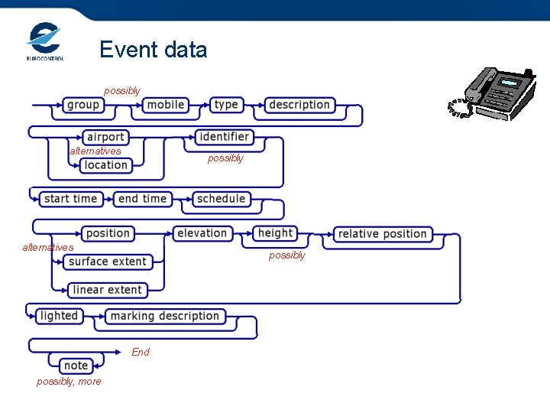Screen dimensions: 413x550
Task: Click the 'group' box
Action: coord(82,105)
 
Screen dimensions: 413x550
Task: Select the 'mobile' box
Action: coord(165,105)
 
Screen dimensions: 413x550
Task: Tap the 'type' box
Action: coord(226,105)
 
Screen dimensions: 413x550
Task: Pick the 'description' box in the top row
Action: coord(299,105)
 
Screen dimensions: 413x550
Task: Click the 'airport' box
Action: coord(105,137)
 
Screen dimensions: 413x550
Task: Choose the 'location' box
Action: coord(106,165)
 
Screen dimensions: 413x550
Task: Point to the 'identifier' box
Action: coord(223,137)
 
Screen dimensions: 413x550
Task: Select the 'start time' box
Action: coord(70,199)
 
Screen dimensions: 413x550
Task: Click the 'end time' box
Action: coord(142,199)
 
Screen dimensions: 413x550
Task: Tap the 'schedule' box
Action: coord(221,199)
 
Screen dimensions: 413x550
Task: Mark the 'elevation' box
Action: coord(202,233)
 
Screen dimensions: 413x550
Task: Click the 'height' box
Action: coord(275,233)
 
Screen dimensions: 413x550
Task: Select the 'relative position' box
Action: coord(382,234)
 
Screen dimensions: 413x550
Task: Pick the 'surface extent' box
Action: coord(107,262)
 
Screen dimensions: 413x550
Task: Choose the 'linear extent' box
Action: coord(107,290)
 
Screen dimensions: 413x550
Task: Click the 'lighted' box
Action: coord(59,316)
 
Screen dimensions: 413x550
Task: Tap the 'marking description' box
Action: coord(164,316)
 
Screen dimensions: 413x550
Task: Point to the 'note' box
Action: coord(76,366)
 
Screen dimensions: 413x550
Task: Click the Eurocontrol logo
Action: coord(45,41)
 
